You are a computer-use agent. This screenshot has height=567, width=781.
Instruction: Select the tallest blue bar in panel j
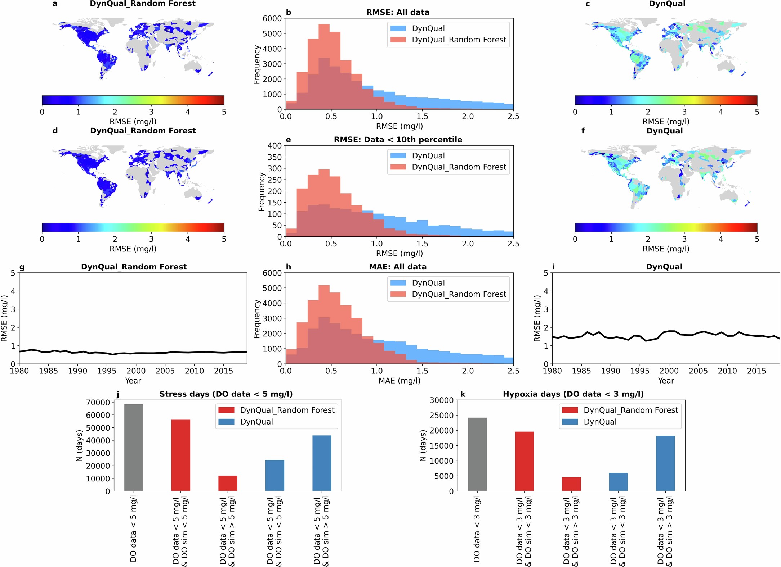coord(322,463)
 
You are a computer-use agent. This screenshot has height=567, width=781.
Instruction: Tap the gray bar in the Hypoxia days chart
coord(477,454)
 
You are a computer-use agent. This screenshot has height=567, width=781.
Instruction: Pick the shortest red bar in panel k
coord(571,484)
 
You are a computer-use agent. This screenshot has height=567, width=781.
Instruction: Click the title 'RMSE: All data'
coord(398,12)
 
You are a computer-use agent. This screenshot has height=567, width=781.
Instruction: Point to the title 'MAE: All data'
coord(398,267)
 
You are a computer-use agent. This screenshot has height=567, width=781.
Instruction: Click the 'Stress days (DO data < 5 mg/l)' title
coord(226,394)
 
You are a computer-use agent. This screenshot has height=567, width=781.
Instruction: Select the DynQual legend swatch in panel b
coord(398,28)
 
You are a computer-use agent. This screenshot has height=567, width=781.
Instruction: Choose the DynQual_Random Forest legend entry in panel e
coord(459,167)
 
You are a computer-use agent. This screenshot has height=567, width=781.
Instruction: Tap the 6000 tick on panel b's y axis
coord(272,18)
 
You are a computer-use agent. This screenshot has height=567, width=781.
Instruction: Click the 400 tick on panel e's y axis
coord(275,146)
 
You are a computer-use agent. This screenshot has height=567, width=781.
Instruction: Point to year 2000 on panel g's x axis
coord(136,371)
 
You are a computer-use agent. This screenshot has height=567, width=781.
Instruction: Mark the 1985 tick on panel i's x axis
coord(581,371)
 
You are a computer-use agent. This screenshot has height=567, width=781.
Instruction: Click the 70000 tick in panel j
coord(98,403)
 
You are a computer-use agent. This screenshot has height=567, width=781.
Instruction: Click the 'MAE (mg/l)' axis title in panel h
coord(399,381)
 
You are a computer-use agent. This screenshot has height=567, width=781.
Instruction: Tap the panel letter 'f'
coord(583,131)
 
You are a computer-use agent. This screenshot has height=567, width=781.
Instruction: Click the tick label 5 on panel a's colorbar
coord(224,112)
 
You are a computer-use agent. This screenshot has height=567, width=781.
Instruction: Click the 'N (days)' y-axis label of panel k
coord(423,445)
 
